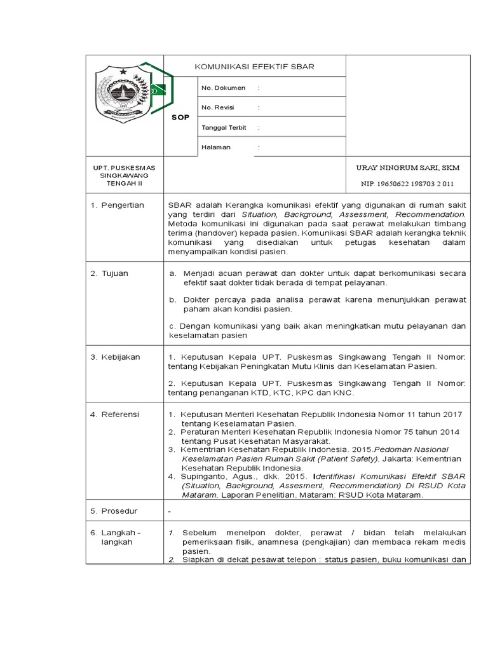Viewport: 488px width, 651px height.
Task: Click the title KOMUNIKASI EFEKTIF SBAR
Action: (254, 67)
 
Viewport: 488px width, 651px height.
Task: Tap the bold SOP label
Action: (180, 117)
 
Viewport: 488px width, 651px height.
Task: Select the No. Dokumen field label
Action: (219, 87)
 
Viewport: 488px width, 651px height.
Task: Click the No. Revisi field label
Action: (218, 107)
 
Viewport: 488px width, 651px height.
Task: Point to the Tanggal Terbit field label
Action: (224, 127)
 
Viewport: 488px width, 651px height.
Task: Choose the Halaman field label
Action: (216, 147)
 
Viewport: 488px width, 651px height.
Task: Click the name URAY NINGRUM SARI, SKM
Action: (407, 168)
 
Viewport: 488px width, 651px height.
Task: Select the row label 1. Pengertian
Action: (118, 205)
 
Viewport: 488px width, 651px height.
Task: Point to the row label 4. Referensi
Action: (115, 415)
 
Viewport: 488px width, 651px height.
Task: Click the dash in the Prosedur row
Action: (169, 511)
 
